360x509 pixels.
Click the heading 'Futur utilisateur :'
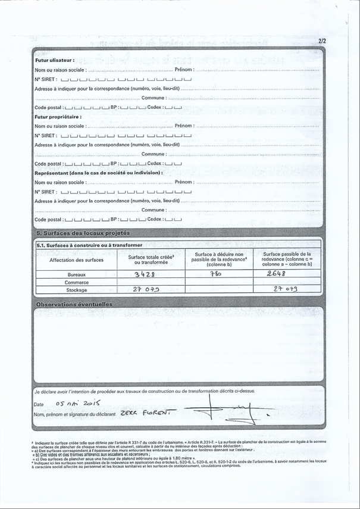point(54,60)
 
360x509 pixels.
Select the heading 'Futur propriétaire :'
point(57,117)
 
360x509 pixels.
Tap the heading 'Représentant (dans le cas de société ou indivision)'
point(98,172)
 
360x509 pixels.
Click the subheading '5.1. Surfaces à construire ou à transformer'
point(89,245)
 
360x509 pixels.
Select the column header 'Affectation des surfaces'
point(76,260)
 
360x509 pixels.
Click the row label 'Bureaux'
point(76,274)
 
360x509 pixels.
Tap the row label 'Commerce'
point(76,282)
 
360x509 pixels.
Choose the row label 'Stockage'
point(76,290)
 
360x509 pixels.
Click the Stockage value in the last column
point(285,289)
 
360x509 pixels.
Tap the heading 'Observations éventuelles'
point(74,304)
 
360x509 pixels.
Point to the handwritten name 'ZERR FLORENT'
point(145,413)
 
